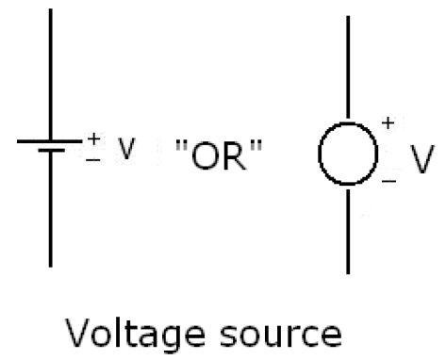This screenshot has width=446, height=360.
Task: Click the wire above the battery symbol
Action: [x=51, y=75]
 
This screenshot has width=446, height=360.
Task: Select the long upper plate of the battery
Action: [x=51, y=142]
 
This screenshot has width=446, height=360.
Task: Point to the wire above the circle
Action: [x=351, y=66]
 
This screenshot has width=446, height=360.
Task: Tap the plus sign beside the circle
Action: [x=386, y=123]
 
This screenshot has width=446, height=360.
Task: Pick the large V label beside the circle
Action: [x=420, y=157]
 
